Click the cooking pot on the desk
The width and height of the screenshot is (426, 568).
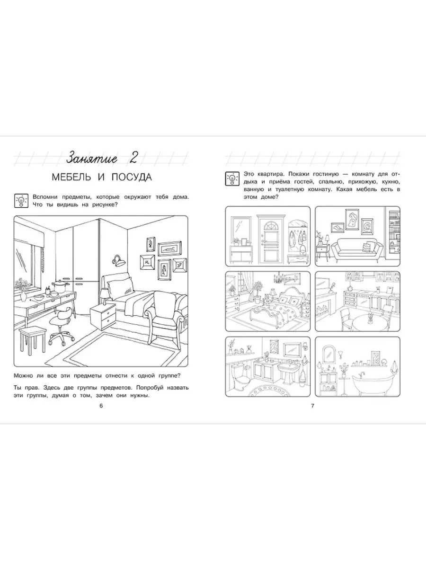(x=59, y=286)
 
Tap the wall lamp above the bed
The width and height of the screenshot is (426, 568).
(x=119, y=261)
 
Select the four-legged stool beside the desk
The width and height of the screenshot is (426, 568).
(x=32, y=339)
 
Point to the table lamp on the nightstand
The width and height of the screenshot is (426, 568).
(x=104, y=296)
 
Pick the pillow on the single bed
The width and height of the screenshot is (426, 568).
(x=121, y=288)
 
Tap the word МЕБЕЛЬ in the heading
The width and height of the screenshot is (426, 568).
(x=71, y=177)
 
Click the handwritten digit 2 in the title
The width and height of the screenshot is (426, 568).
(x=133, y=158)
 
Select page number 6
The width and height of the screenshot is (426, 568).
(x=101, y=406)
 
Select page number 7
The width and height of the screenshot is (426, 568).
(x=312, y=406)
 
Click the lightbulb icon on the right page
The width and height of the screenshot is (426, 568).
(x=232, y=178)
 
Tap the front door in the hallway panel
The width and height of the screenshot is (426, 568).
(x=271, y=239)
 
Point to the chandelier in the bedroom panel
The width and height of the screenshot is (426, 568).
(x=279, y=278)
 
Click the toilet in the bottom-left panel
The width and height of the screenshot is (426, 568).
(x=240, y=376)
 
